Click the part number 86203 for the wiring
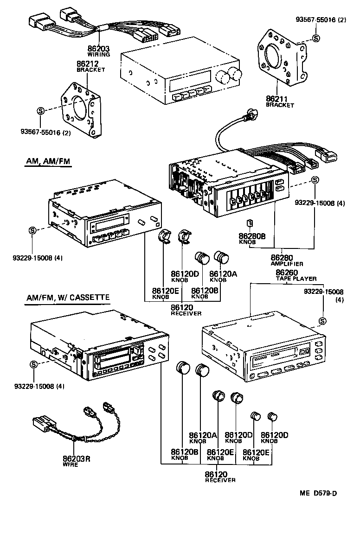(98, 48)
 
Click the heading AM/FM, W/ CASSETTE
(67, 297)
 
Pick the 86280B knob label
(252, 236)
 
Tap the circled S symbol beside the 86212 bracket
(40, 110)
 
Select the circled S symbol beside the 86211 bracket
(316, 38)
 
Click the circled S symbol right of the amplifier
(315, 180)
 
